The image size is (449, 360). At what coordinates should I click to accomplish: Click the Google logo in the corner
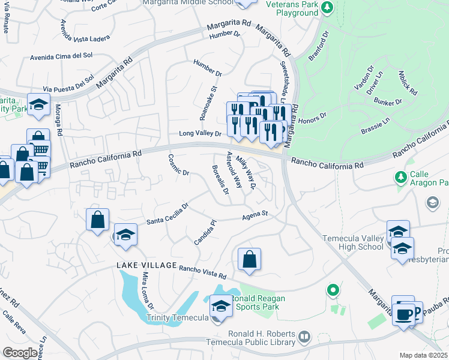click(20, 353)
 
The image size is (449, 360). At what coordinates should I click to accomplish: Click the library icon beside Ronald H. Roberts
click(304, 338)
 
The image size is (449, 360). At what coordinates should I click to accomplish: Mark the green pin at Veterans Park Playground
click(327, 7)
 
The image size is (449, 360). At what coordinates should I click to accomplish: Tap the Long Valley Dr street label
click(200, 133)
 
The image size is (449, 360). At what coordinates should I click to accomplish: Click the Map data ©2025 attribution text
click(424, 355)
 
